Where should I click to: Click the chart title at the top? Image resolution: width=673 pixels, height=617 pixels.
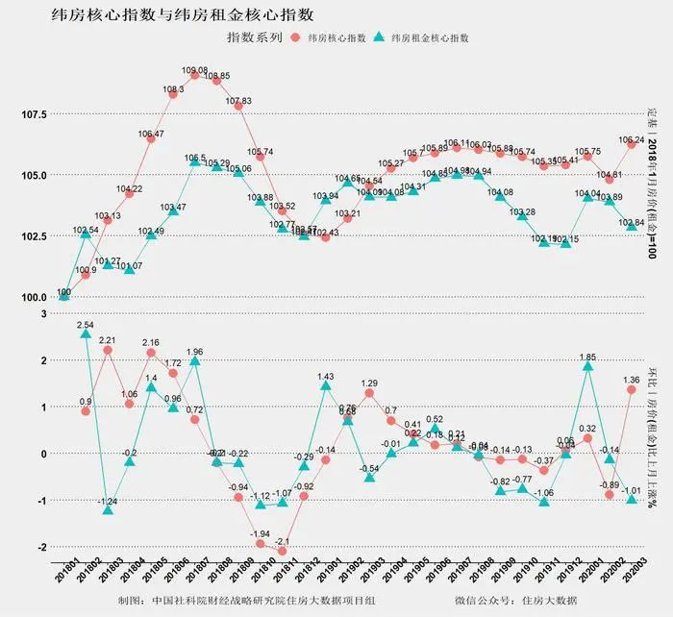coord(183,13)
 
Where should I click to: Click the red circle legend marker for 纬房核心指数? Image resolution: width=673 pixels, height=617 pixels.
coord(294,37)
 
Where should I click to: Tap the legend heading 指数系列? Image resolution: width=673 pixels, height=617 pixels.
coord(254,37)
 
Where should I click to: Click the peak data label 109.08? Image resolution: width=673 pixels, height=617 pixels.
coord(195,70)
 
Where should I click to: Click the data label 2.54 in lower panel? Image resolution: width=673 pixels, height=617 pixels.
coord(86,326)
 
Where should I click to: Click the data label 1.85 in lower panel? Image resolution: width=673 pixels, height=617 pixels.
coord(588,357)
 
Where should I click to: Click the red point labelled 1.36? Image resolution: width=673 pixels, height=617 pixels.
coord(632,389)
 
